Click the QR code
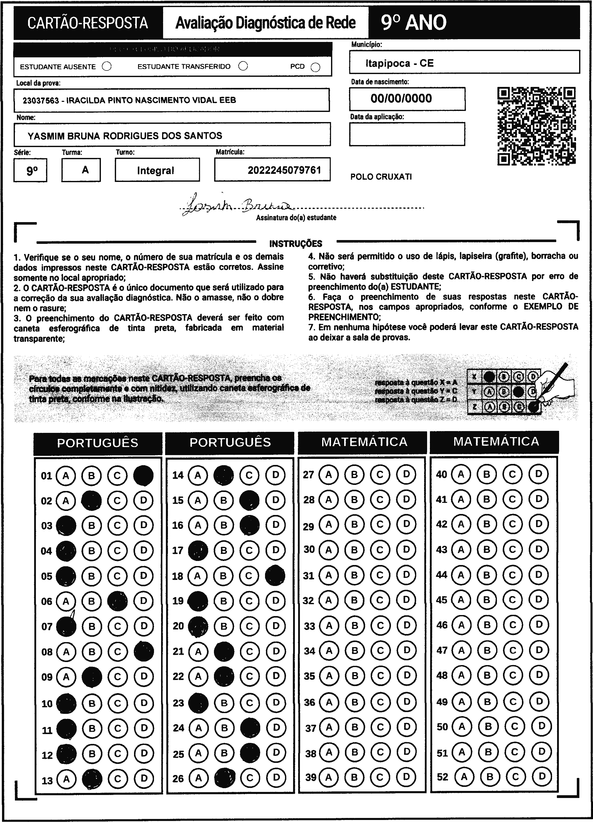(536, 126)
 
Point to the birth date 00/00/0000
(401, 99)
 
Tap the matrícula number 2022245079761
(284, 170)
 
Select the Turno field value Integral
(156, 170)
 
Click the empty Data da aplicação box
(407, 134)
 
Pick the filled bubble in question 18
(275, 576)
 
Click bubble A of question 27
(328, 475)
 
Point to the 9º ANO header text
(413, 23)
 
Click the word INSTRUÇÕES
(296, 244)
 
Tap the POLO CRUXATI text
(381, 177)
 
